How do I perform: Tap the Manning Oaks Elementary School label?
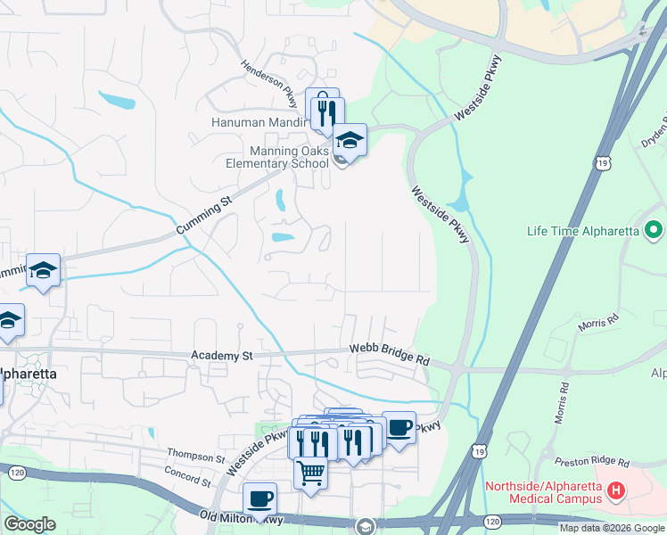[x=276, y=157]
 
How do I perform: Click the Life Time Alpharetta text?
[x=583, y=231]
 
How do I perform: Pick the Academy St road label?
[x=222, y=355]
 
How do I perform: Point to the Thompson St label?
[x=195, y=457]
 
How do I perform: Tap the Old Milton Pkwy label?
[x=242, y=518]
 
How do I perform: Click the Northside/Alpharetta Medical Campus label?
[x=543, y=493]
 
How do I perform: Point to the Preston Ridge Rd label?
[x=592, y=462]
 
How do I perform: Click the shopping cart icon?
[x=310, y=472]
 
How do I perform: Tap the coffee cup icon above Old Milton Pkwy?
[x=259, y=498]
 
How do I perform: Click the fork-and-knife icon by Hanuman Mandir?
[x=327, y=111]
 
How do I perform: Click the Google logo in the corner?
[x=30, y=524]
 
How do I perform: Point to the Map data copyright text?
[x=612, y=529]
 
